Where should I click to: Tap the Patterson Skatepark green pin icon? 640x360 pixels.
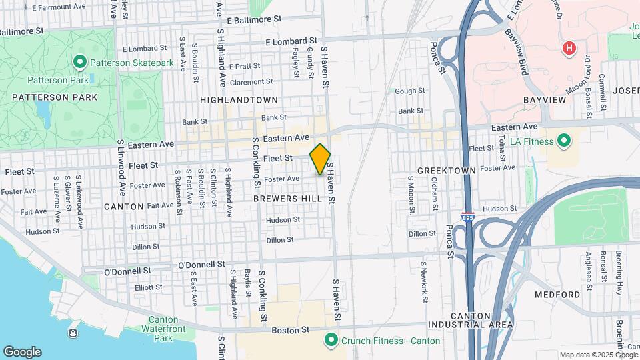pyautogui.click(x=80, y=63)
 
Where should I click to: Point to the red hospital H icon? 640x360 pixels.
pyautogui.click(x=569, y=48)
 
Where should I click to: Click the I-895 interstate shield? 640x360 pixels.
pyautogui.click(x=468, y=217)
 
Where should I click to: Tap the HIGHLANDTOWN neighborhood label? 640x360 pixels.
pyautogui.click(x=238, y=100)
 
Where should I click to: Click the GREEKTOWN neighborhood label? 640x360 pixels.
pyautogui.click(x=446, y=171)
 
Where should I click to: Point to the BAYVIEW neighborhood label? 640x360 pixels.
pyautogui.click(x=545, y=100)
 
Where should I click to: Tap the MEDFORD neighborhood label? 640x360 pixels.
pyautogui.click(x=557, y=295)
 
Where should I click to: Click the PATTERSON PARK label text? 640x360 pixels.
pyautogui.click(x=55, y=97)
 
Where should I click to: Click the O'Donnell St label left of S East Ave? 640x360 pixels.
pyautogui.click(x=128, y=272)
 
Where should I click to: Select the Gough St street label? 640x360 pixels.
pyautogui.click(x=409, y=91)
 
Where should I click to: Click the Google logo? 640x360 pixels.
pyautogui.click(x=22, y=352)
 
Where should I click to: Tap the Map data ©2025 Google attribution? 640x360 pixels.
pyautogui.click(x=598, y=355)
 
